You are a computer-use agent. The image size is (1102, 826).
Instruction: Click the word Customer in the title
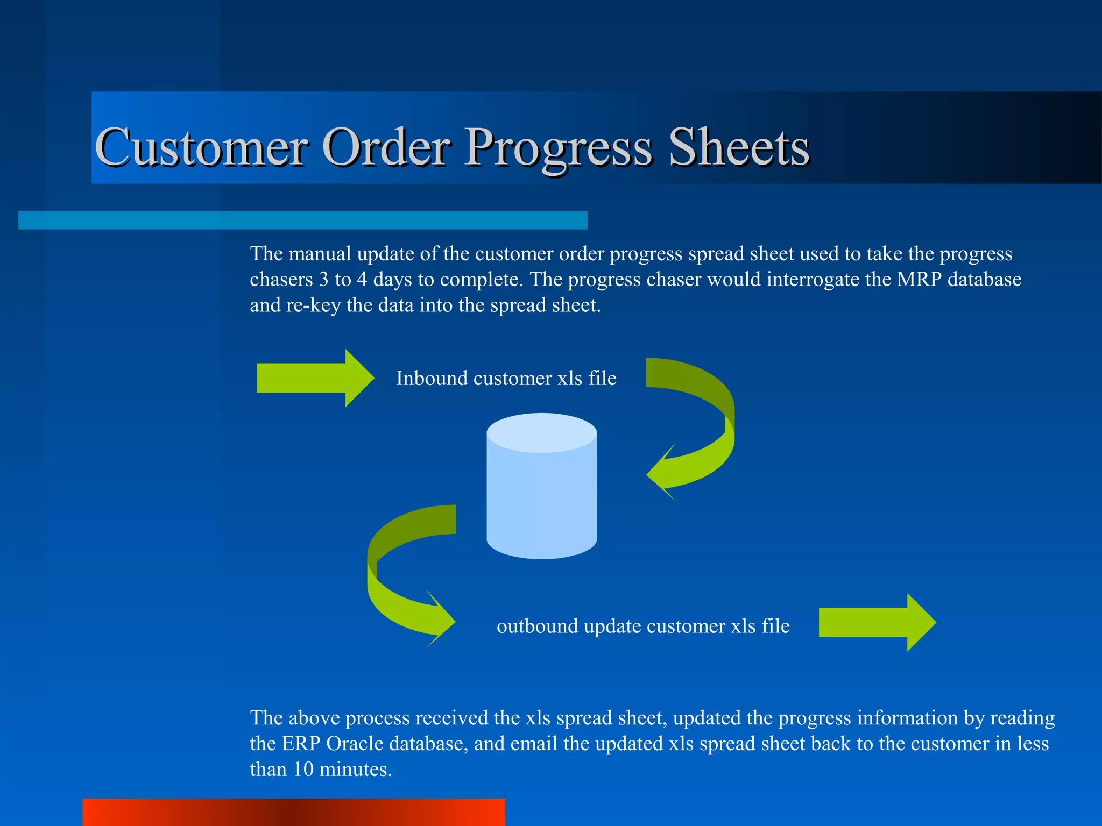201,147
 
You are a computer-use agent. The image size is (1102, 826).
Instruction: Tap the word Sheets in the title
738,147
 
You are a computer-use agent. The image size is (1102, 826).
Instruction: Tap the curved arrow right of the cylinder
700,425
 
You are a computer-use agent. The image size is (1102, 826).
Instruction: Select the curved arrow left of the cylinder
398,575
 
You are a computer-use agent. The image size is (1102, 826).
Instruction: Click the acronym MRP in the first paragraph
919,280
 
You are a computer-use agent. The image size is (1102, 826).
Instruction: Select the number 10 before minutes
303,770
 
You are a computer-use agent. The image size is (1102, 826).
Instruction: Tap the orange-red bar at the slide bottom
293,813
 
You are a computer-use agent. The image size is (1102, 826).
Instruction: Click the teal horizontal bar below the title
302,220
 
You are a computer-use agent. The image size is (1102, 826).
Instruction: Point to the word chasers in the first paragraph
281,280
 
